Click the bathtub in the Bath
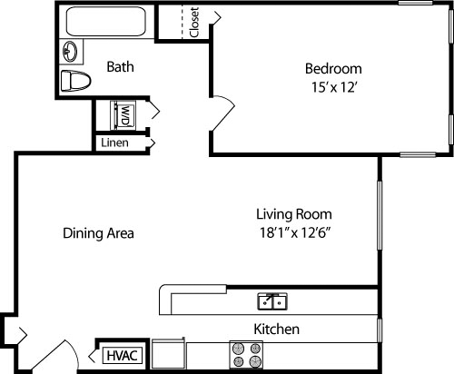click(x=104, y=22)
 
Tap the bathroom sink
click(x=71, y=50)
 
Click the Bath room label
click(x=121, y=66)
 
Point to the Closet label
click(x=194, y=24)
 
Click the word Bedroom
click(x=332, y=68)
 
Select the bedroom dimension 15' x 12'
click(x=332, y=87)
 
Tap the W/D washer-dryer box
click(x=123, y=115)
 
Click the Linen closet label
click(x=114, y=143)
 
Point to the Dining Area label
click(x=98, y=233)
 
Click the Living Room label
click(x=292, y=214)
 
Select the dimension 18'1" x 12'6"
click(x=292, y=233)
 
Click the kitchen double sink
click(x=272, y=300)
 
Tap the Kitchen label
click(x=276, y=329)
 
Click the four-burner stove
click(x=246, y=355)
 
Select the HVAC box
click(x=122, y=355)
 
